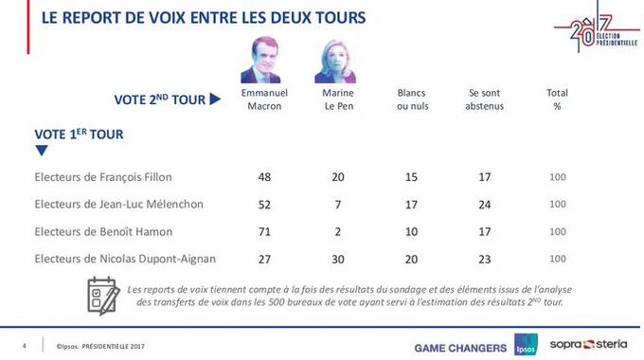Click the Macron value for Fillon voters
[264, 177]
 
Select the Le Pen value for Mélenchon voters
[337, 205]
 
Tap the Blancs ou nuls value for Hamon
[411, 232]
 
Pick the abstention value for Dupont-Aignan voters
[484, 260]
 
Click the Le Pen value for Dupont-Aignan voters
[337, 260]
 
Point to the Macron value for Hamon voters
[264, 232]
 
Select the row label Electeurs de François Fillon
[103, 177]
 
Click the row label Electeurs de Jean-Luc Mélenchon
[118, 205]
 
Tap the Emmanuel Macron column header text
[264, 99]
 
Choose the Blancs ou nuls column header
[412, 99]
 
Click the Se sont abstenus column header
[484, 99]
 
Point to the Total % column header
[557, 99]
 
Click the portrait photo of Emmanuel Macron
[261, 60]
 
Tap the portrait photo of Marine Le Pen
[335, 62]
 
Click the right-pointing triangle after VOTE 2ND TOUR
[215, 99]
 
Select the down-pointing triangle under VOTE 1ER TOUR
[42, 151]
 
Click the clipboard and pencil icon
[103, 296]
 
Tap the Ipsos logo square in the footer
[526, 345]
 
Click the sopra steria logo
[588, 345]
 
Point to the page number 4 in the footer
[25, 346]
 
